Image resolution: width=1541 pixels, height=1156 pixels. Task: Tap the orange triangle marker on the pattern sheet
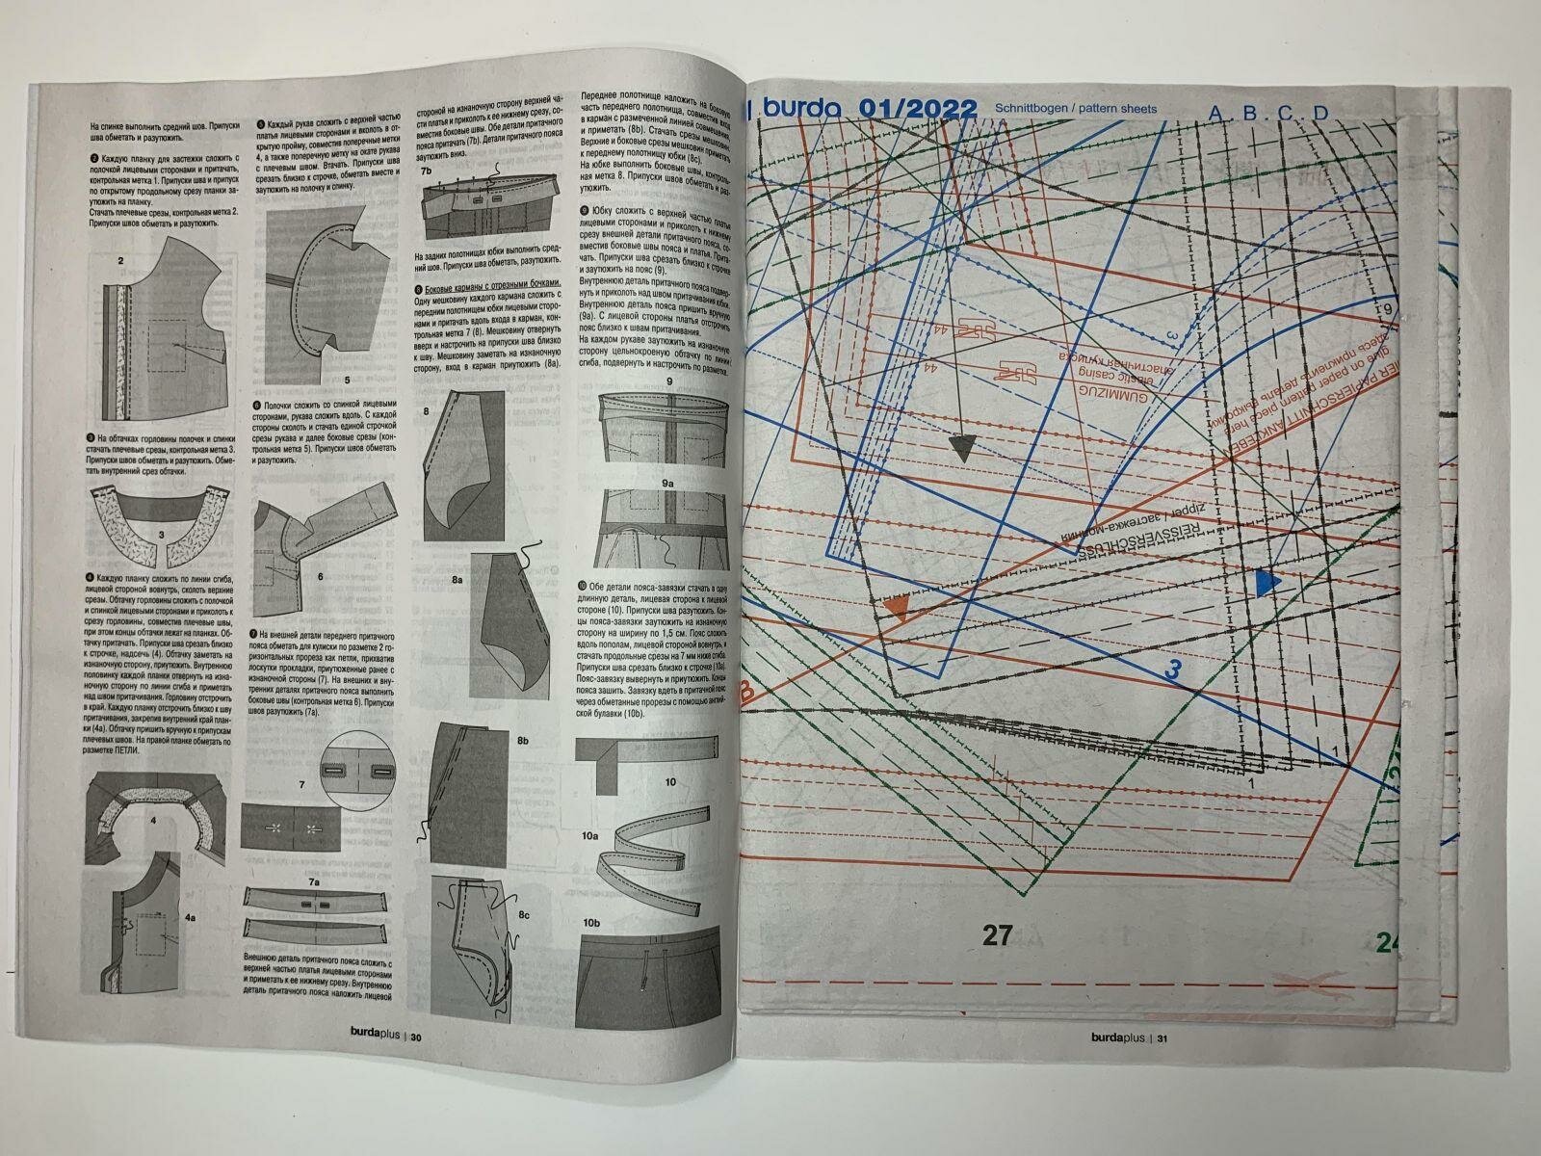[x=897, y=605]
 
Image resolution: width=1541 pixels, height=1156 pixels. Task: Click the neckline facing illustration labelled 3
[x=162, y=525]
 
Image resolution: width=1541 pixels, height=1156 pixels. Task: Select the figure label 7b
[x=426, y=170]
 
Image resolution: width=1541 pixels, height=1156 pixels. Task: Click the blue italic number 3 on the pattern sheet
[x=1172, y=671]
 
